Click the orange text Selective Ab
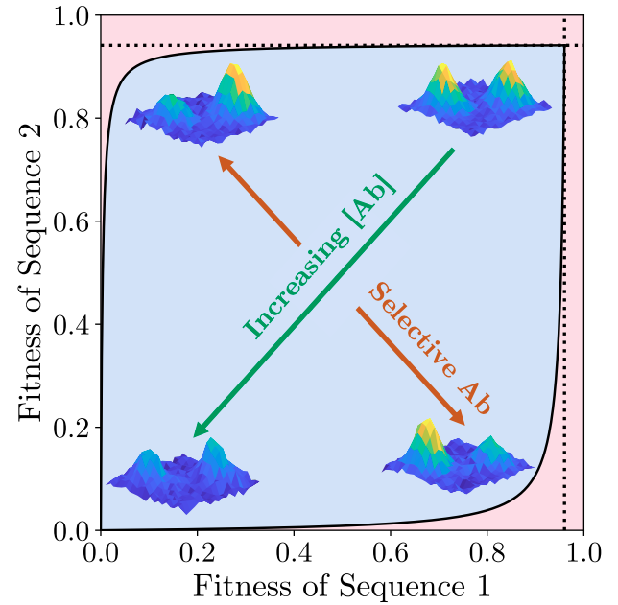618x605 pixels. [430, 349]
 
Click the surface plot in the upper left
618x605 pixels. [202, 107]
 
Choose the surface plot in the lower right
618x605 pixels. [459, 458]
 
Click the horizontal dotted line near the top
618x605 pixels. [336, 45]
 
